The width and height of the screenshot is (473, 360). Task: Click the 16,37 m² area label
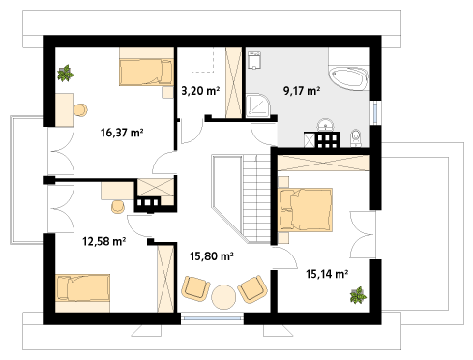click(122, 133)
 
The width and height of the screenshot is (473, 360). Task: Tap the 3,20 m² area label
click(200, 91)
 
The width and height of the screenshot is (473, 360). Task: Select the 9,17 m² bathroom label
click(302, 91)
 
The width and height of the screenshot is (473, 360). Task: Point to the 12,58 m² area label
click(103, 241)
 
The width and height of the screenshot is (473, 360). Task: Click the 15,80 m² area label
click(212, 256)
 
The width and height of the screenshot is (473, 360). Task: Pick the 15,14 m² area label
click(327, 274)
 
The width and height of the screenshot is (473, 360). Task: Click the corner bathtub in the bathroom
click(348, 77)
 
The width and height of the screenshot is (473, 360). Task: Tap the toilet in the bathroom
click(355, 138)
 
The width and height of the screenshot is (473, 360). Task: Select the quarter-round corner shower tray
click(258, 105)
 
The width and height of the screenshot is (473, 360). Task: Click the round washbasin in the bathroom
click(325, 124)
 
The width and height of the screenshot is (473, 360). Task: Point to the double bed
click(305, 210)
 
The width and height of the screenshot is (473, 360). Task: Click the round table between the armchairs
click(223, 297)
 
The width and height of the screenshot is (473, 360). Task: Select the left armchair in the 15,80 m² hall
click(195, 288)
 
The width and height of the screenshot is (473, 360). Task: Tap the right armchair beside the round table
click(252, 289)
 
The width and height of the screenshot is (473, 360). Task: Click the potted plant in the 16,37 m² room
click(66, 74)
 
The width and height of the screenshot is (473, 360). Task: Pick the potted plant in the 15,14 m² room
click(358, 295)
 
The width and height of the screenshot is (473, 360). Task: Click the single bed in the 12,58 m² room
click(83, 288)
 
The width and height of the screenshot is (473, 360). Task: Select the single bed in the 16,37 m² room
click(146, 73)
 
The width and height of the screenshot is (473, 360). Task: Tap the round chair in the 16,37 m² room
click(80, 110)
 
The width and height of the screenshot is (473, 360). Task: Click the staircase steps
click(256, 198)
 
